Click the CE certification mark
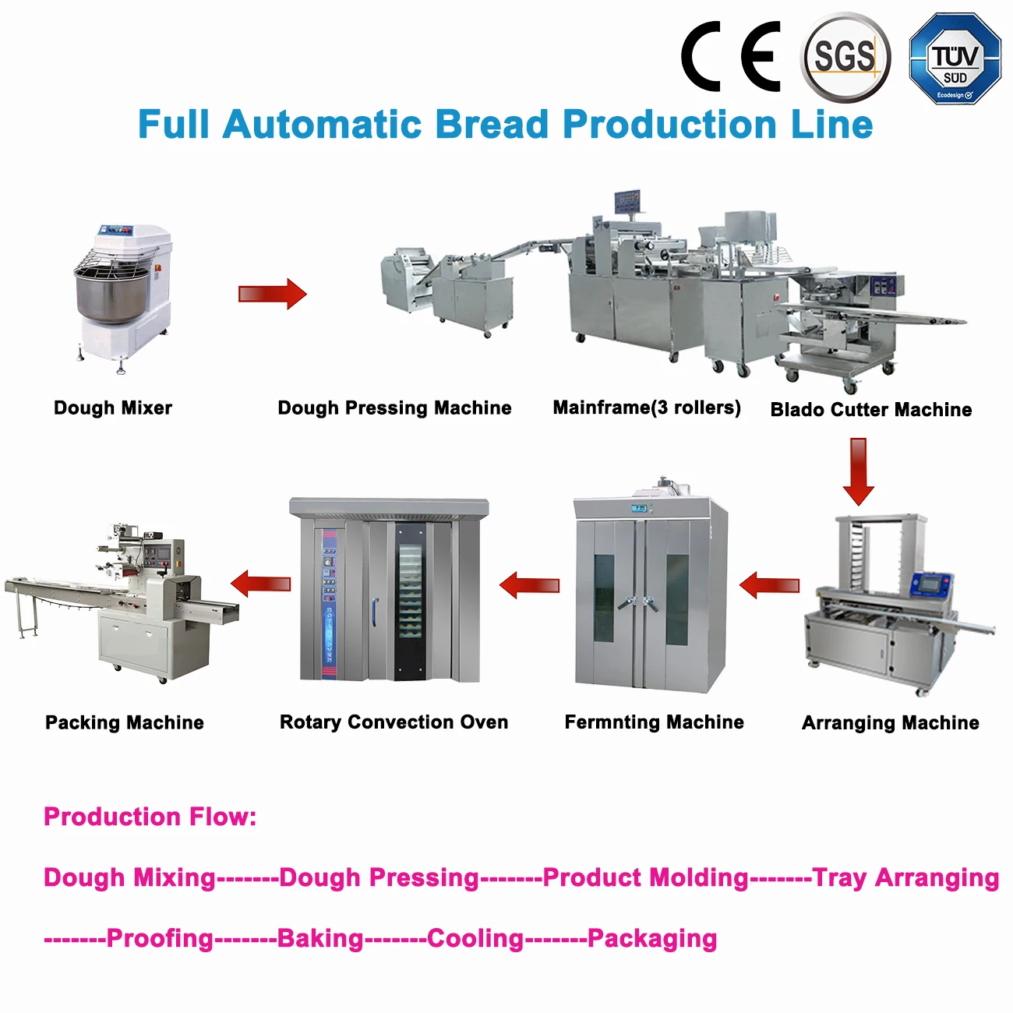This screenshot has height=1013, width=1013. point(731,56)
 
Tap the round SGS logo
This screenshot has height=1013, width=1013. point(845,57)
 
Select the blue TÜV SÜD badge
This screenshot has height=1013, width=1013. point(955,59)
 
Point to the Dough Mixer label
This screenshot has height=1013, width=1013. point(113,408)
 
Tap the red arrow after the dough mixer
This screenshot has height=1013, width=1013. point(272,294)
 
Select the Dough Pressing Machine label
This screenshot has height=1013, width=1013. point(394,408)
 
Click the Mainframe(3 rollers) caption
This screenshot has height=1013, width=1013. point(647,407)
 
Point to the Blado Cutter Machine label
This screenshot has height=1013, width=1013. point(871,409)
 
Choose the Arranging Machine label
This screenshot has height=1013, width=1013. point(890,723)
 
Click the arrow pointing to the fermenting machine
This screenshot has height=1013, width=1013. point(769,585)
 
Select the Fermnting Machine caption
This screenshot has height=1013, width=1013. point(654,722)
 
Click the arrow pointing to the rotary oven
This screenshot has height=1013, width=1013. point(530,585)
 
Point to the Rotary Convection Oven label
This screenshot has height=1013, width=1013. point(394,722)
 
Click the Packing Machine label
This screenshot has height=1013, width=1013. point(125,722)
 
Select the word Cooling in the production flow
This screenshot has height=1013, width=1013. point(475,938)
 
